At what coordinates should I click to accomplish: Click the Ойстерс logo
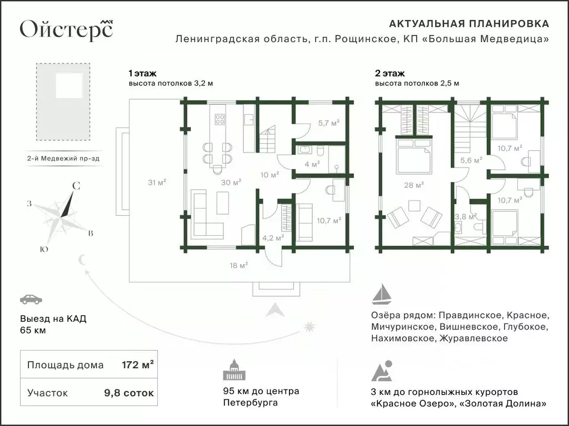(66, 29)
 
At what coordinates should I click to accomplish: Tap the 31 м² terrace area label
(158, 181)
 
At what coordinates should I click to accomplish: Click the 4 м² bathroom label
(312, 164)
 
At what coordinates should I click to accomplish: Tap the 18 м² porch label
(239, 265)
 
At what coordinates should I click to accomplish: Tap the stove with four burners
(219, 118)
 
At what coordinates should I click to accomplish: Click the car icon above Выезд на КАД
(31, 300)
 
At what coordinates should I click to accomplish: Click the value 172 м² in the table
(137, 365)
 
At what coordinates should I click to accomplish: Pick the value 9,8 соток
(129, 393)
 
